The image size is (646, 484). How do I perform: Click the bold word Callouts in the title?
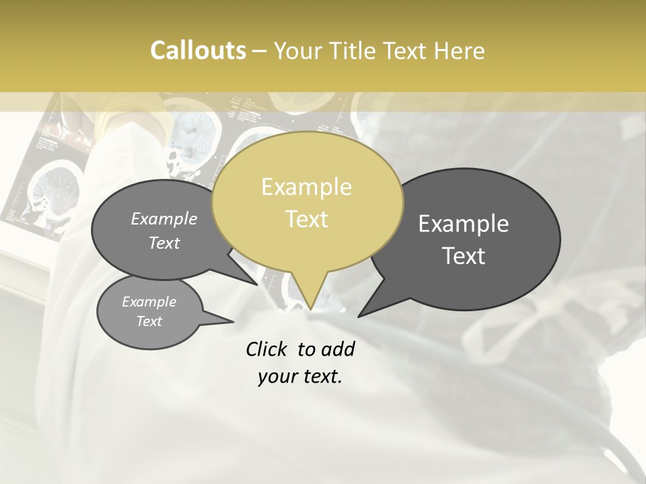pos(199,50)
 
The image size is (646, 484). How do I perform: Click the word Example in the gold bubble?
pos(306,187)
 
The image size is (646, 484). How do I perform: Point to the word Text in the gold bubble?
pos(306,219)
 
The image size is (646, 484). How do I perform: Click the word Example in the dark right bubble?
pos(464,224)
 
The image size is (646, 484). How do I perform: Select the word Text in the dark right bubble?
pos(464,256)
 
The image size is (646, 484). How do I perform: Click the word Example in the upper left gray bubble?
pos(164,218)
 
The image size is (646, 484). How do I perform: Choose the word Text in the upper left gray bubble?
pos(164,243)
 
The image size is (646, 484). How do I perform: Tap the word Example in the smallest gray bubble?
pos(149,302)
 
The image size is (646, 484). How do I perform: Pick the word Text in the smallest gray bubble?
pos(149,321)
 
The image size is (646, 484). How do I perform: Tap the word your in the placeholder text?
pos(278,376)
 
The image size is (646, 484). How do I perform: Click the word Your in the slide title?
pos(296,50)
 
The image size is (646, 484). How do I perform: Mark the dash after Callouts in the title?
pos(260,51)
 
